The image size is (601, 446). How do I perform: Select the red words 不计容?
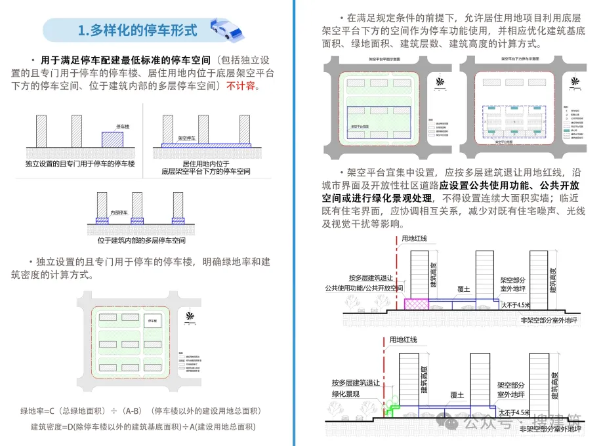point(242,86)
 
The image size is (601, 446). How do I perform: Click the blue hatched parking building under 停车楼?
point(112,139)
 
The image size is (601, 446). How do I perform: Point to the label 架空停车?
point(189,138)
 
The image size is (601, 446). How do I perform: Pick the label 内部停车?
point(119,212)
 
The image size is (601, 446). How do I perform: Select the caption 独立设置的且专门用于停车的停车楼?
point(79,163)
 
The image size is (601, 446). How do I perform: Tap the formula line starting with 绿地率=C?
point(141,411)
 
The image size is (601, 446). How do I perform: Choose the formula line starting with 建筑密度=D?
point(143,426)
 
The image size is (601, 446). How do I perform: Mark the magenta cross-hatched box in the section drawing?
point(416,304)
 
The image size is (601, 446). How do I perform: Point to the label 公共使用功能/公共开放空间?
point(363,288)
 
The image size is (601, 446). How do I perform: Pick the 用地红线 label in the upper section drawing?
point(414,238)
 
